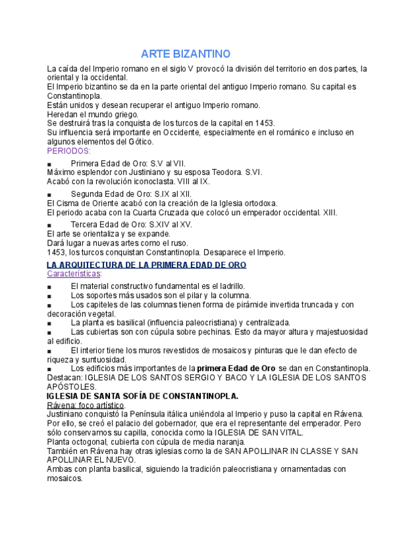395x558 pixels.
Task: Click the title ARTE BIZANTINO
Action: pos(186,53)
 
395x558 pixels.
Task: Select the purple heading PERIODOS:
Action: pos(68,151)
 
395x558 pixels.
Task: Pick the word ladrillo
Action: pos(228,286)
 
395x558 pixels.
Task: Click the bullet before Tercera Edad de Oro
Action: pos(49,226)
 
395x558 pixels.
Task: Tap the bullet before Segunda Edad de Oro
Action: pos(49,195)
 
